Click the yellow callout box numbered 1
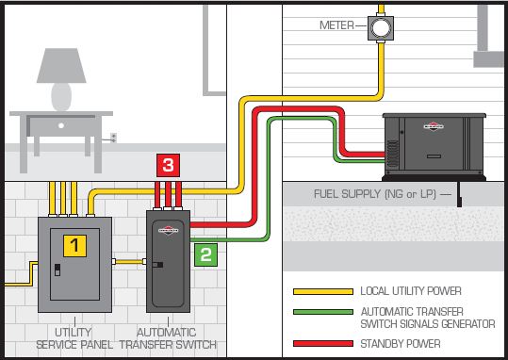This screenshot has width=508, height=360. [x=74, y=246]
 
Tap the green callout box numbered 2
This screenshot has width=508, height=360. [x=206, y=254]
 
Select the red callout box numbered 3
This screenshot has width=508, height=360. [x=167, y=166]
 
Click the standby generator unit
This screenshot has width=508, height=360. [x=434, y=144]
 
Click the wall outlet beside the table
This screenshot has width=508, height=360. [x=114, y=138]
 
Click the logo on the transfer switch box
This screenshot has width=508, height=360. [x=167, y=227]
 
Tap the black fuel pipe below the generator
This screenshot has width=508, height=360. [x=458, y=198]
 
